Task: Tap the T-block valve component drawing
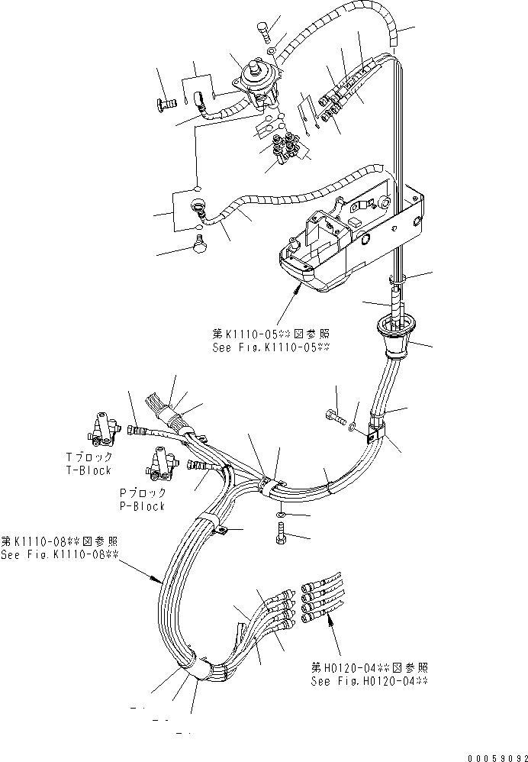pos(102,427)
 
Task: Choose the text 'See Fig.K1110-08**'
pos(60,554)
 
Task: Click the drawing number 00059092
pos(489,752)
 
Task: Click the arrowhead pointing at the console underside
pos(298,289)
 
